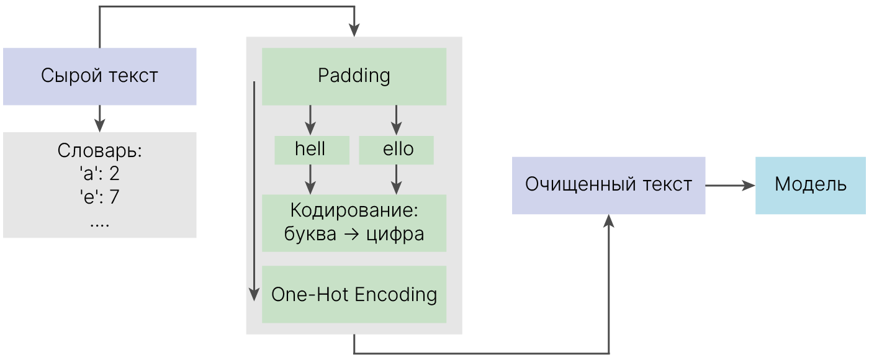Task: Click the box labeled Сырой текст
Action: [x=100, y=76]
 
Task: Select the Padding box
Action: [x=354, y=76]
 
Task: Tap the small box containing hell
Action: [x=312, y=150]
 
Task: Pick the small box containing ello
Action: [x=396, y=150]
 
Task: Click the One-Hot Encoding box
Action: [x=354, y=294]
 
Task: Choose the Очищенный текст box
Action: [x=608, y=186]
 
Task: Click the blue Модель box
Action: [x=811, y=186]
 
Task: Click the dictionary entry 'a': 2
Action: [x=100, y=173]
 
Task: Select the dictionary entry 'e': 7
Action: [x=100, y=197]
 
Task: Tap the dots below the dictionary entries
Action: [x=100, y=225]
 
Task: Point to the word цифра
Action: [x=395, y=235]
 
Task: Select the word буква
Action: [x=310, y=234]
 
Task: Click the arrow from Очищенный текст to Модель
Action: [x=730, y=186]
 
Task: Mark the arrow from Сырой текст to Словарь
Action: [x=100, y=119]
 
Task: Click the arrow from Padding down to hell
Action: [x=310, y=120]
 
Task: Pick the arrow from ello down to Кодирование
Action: [x=396, y=179]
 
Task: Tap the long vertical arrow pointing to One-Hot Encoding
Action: [x=254, y=191]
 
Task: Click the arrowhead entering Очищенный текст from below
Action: [x=609, y=220]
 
